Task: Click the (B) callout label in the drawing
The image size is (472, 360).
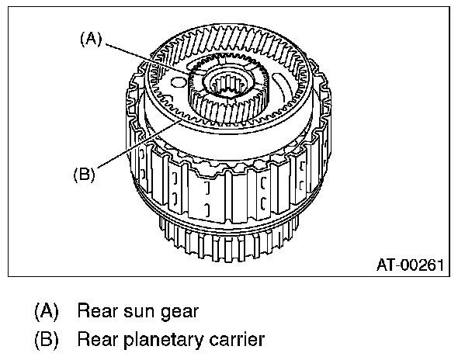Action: (83, 174)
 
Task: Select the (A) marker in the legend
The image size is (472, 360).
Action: (46, 312)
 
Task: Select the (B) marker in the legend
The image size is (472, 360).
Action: (46, 339)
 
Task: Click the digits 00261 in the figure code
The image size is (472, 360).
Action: (423, 264)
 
